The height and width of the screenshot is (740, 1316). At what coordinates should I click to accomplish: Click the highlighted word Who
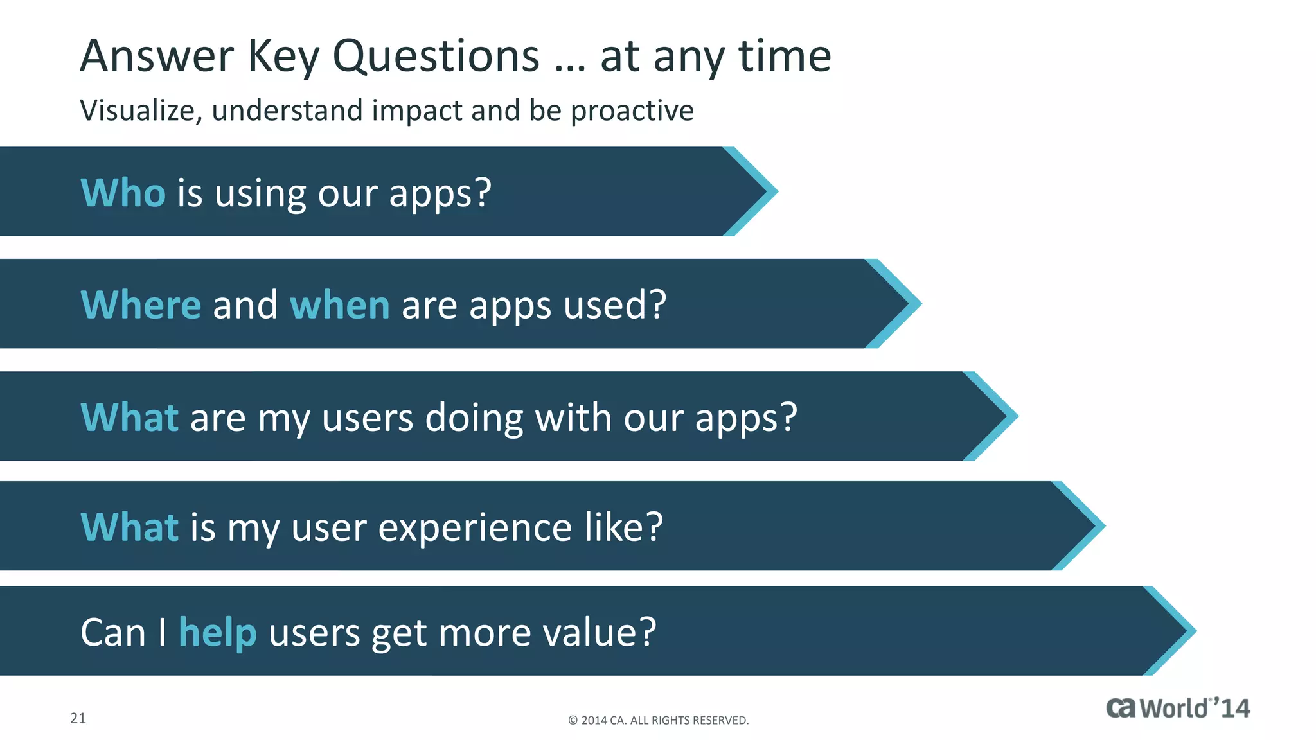click(x=123, y=193)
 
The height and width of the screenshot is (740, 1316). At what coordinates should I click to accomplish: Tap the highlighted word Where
click(x=141, y=304)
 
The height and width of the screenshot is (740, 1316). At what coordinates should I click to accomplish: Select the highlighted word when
click(x=339, y=304)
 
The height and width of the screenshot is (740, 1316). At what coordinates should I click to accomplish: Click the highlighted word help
click(x=218, y=633)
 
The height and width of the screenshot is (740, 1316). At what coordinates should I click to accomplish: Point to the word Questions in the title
click(x=436, y=57)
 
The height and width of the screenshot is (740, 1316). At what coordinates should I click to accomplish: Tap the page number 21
click(x=78, y=718)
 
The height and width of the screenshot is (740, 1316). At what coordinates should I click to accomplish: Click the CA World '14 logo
click(x=1177, y=708)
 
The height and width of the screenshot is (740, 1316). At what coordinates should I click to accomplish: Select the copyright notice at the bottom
click(x=658, y=720)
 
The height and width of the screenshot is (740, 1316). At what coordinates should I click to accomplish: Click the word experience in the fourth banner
click(x=475, y=528)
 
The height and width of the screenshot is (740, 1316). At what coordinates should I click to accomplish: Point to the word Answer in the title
click(x=157, y=57)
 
